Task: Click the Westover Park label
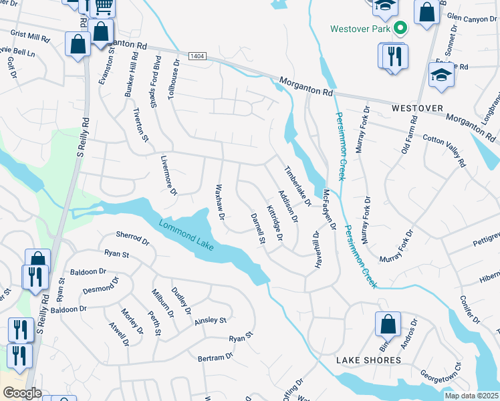point(361,29)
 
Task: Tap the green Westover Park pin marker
point(400,29)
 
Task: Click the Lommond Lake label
point(186,235)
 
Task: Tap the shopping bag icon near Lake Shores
point(388,325)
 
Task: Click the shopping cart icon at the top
point(102,7)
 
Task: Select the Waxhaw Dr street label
point(219,198)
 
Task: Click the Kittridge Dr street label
point(275,223)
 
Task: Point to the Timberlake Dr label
point(298,186)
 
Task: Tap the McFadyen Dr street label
point(328,209)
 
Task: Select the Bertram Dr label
point(215,358)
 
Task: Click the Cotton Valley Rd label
point(445,148)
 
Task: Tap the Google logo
point(21,393)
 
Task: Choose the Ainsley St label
point(211,321)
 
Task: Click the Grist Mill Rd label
point(31,35)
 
